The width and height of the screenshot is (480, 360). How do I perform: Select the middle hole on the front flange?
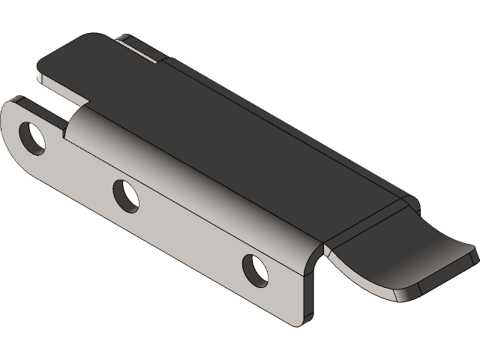[x=124, y=195]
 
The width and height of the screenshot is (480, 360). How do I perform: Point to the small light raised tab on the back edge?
[x=142, y=47]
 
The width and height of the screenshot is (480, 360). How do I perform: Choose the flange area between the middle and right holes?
[x=187, y=232]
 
